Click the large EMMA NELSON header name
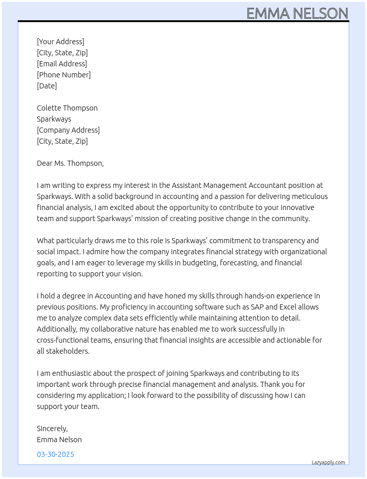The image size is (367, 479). (x=297, y=13)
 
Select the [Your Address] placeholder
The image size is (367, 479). (x=60, y=42)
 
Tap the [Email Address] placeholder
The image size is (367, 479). (x=62, y=64)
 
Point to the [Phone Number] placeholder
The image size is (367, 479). (x=64, y=75)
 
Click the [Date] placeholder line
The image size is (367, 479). (x=47, y=86)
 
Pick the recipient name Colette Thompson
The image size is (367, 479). (x=67, y=108)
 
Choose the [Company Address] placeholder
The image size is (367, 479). (x=68, y=130)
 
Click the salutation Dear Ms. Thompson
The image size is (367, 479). (x=70, y=163)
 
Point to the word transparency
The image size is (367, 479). (x=284, y=241)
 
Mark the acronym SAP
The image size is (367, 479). (x=257, y=307)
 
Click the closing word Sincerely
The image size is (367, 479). (x=52, y=429)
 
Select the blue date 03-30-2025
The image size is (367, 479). (x=55, y=454)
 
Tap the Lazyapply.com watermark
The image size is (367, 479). (x=328, y=462)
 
